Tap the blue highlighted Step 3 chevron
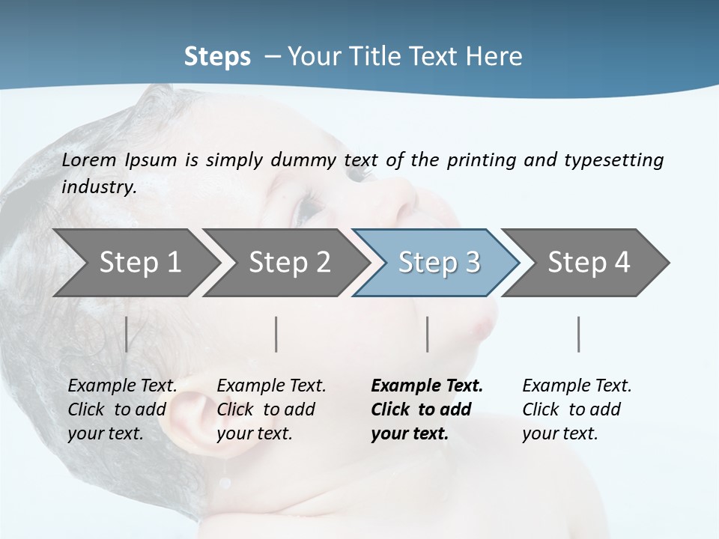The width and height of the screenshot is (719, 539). (438, 263)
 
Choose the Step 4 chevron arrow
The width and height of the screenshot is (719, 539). (588, 263)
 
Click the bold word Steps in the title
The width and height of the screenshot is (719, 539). (217, 57)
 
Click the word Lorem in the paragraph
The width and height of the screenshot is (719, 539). (89, 160)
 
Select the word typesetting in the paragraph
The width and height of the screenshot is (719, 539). (613, 160)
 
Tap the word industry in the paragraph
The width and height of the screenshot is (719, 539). (99, 187)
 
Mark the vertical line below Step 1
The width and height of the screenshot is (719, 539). (127, 334)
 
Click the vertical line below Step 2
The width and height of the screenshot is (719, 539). (276, 334)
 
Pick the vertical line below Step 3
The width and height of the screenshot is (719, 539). (428, 334)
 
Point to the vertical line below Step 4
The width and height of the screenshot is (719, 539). (579, 334)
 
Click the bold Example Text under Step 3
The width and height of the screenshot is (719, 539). (427, 386)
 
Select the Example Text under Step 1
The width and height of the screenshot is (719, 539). (123, 386)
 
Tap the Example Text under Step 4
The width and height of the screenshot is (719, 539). (577, 386)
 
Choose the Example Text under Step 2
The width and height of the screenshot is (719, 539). (271, 386)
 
